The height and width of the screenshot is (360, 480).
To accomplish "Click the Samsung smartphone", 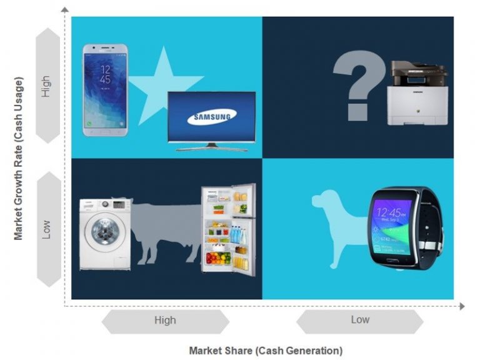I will coord(105,90).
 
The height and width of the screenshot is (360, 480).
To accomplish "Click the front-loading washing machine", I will coord(104,234).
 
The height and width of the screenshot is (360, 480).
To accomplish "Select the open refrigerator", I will coord(228,230).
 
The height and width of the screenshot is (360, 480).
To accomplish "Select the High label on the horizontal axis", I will coord(165,321).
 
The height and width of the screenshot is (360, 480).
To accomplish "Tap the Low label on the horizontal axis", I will coord(360,320).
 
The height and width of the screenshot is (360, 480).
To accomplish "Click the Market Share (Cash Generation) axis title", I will coord(266,350).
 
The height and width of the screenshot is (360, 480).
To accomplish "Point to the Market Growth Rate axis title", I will coord(19,159).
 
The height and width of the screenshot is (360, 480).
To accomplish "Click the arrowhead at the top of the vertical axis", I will coord(64,7).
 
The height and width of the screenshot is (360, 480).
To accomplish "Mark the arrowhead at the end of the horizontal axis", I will coord(462,306).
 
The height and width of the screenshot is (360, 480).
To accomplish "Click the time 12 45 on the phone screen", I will coord(105,74).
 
